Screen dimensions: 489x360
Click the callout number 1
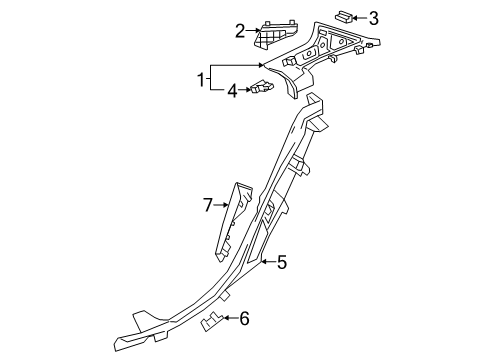[201, 80]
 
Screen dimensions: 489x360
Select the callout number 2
[240, 31]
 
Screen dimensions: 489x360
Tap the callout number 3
[374, 18]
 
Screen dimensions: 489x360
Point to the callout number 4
[232, 91]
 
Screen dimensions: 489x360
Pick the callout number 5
[282, 262]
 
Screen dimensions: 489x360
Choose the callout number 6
[244, 318]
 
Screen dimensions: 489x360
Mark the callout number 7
[208, 205]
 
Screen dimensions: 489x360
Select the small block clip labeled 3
[343, 16]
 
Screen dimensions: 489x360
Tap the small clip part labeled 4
[262, 87]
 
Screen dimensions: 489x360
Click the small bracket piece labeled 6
[211, 322]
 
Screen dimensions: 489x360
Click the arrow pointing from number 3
[359, 18]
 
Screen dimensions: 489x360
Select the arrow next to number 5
[268, 262]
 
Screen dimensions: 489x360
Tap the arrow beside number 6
[231, 318]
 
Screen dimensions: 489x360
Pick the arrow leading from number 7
[221, 205]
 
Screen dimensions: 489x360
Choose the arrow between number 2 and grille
[253, 31]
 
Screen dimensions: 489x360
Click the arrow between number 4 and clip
[244, 89]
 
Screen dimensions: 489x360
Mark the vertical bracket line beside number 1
[211, 77]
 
